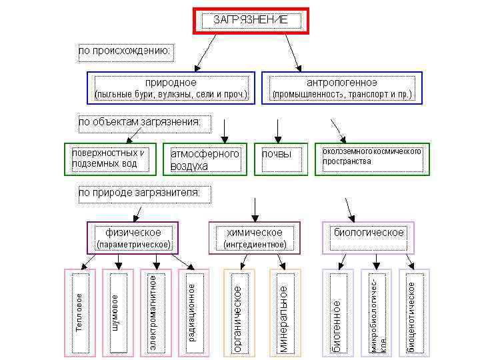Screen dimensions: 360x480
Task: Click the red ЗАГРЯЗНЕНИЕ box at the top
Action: (x=251, y=20)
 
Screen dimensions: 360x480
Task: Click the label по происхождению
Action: (x=125, y=51)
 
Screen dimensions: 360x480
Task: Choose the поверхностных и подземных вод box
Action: (x=110, y=159)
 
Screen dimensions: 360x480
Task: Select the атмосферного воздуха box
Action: (x=205, y=159)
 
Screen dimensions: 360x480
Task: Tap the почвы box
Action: (x=276, y=159)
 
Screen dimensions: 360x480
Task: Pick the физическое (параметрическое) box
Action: (x=134, y=238)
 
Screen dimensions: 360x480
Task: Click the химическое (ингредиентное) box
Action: (x=254, y=238)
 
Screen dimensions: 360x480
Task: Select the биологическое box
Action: (x=368, y=237)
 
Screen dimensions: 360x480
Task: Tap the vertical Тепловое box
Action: (x=79, y=311)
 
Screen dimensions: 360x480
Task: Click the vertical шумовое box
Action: (x=117, y=311)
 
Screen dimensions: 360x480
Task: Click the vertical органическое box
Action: (x=237, y=311)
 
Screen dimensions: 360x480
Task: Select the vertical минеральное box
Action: (x=285, y=311)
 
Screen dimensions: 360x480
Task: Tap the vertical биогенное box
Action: (x=339, y=311)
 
